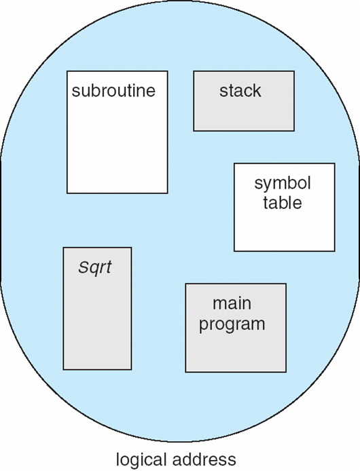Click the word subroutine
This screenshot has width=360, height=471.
pyautogui.click(x=113, y=90)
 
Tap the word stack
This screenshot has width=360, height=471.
pyautogui.click(x=240, y=90)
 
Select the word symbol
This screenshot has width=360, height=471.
pyautogui.click(x=283, y=183)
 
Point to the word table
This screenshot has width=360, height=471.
pyautogui.click(x=283, y=202)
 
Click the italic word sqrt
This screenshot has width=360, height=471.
pyautogui.click(x=95, y=267)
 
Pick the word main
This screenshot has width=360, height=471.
pyautogui.click(x=232, y=303)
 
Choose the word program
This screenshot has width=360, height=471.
pyautogui.click(x=232, y=324)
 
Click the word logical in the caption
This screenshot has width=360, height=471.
pyautogui.click(x=141, y=460)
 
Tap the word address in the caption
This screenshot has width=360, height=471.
pyautogui.click(x=204, y=459)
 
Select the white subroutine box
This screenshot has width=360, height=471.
pyautogui.click(x=118, y=132)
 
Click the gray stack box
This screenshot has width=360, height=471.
pyautogui.click(x=244, y=101)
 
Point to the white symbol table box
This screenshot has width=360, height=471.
pyautogui.click(x=285, y=207)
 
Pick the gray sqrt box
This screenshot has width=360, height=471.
pyautogui.click(x=97, y=309)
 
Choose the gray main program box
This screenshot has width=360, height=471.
pyautogui.click(x=236, y=328)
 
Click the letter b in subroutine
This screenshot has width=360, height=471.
pyautogui.click(x=96, y=90)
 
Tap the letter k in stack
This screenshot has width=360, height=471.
pyautogui.click(x=257, y=90)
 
